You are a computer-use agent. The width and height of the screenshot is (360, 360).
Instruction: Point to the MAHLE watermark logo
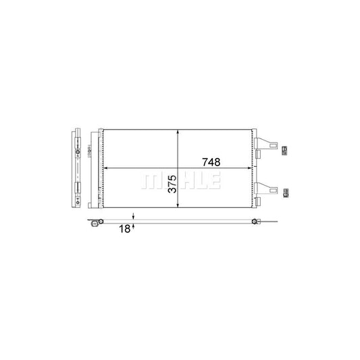pos(180,181)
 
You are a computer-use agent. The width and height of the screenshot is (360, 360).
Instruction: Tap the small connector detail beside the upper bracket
pos(285,149)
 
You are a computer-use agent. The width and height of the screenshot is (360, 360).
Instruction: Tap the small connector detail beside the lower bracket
pos(285,192)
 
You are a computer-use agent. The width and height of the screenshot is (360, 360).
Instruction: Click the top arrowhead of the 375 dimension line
pos(178,132)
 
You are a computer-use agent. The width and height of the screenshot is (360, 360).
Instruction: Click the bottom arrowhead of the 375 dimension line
pos(178,208)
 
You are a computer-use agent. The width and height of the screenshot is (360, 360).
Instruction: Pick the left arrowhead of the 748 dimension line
pos(104,168)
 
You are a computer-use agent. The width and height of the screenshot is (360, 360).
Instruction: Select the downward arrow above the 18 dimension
pos(134,217)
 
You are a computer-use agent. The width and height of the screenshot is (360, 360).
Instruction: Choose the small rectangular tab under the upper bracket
pos(258,155)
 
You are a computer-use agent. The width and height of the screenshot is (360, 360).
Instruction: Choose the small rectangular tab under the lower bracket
pos(258,198)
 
